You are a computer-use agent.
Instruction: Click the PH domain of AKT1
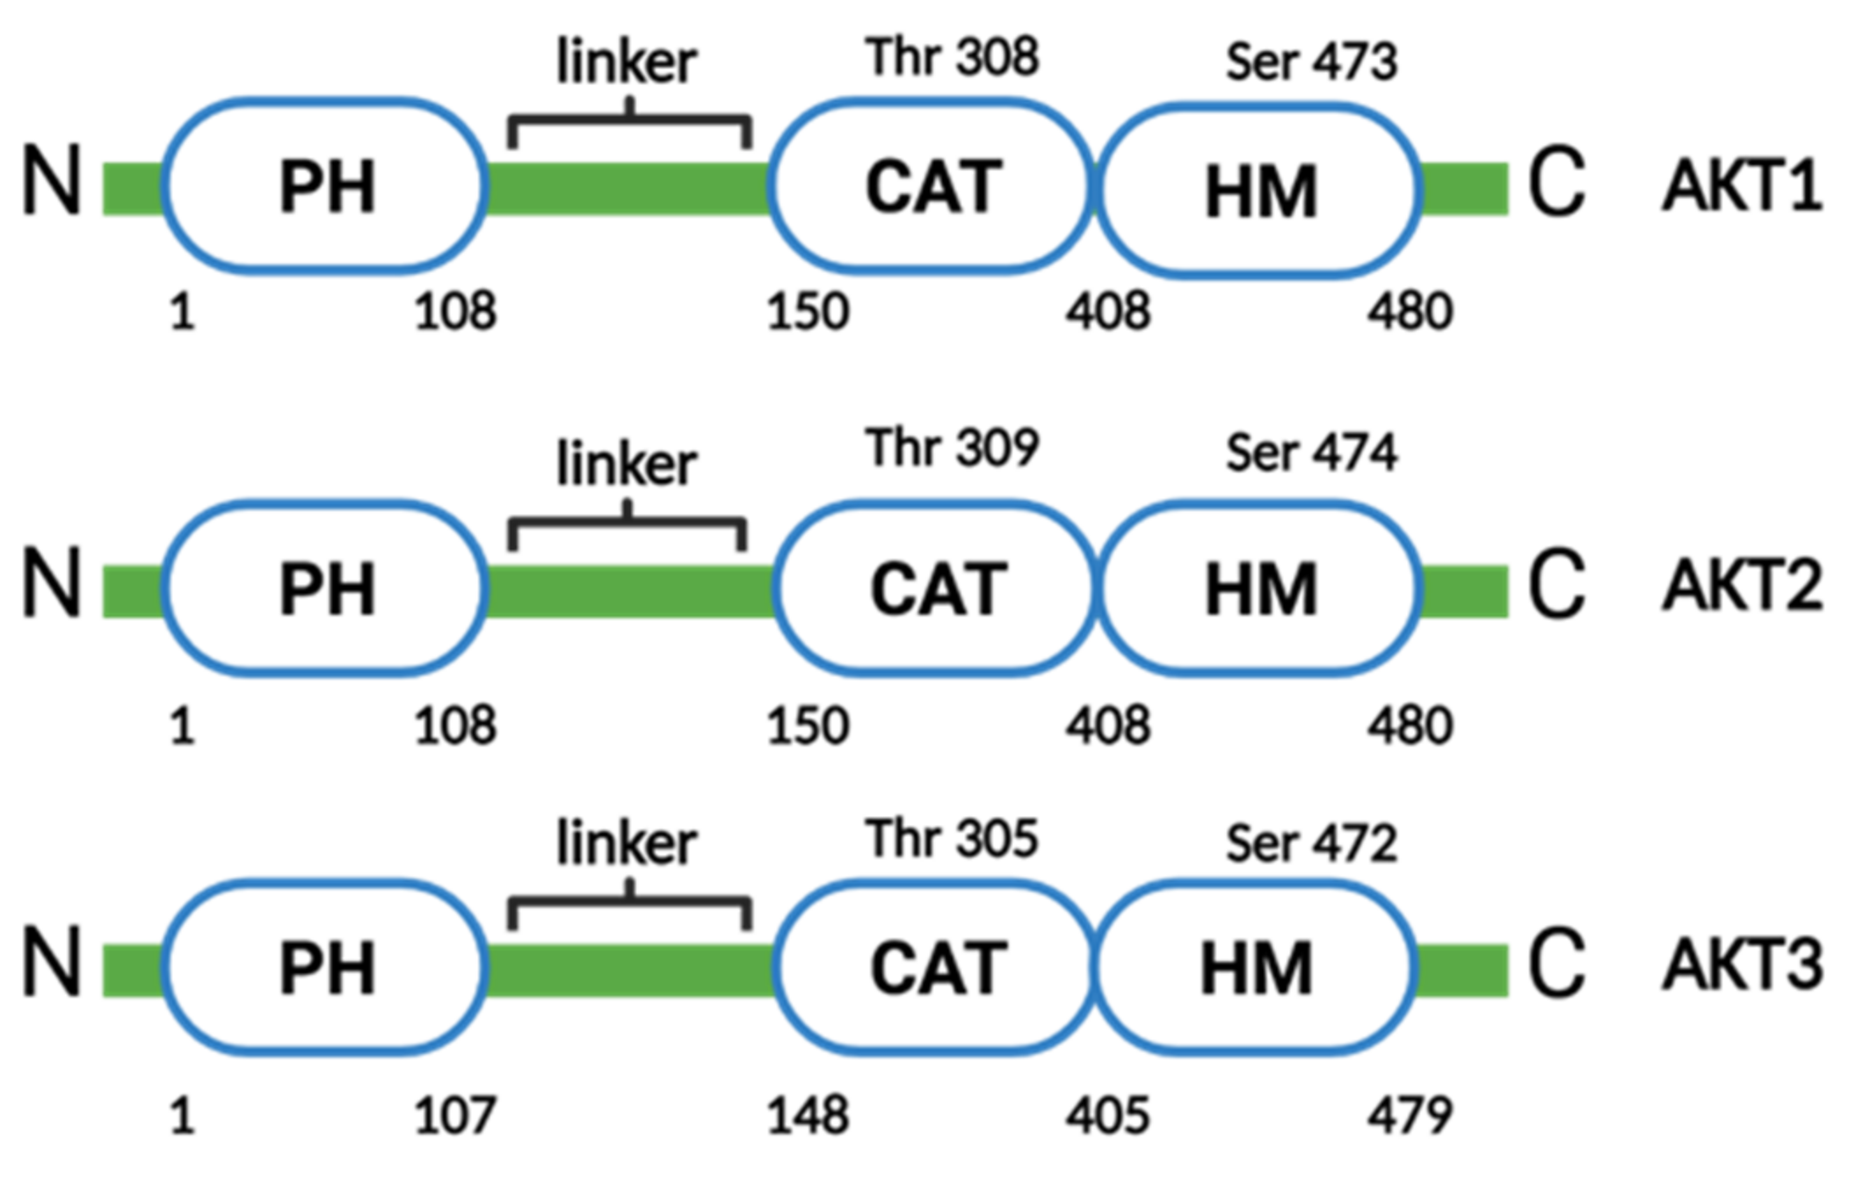pyautogui.click(x=326, y=185)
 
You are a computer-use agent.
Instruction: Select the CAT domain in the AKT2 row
pyautogui.click(x=937, y=588)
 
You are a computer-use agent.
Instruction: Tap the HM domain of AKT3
pyautogui.click(x=1256, y=968)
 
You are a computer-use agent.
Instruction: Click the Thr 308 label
pyautogui.click(x=952, y=57)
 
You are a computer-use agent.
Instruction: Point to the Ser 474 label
pyautogui.click(x=1310, y=453)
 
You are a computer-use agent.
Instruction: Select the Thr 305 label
pyautogui.click(x=952, y=838)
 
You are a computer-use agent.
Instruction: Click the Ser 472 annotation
pyautogui.click(x=1310, y=843)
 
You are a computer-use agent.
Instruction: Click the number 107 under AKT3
pyautogui.click(x=455, y=1116)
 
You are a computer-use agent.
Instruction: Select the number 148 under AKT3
pyautogui.click(x=808, y=1116)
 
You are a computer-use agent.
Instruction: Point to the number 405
pyautogui.click(x=1107, y=1116)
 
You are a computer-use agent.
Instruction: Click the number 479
pyautogui.click(x=1409, y=1116)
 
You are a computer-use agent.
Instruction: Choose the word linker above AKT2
pyautogui.click(x=627, y=464)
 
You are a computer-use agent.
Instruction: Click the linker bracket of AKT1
pyautogui.click(x=629, y=121)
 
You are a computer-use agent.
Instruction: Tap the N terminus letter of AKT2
pyautogui.click(x=51, y=582)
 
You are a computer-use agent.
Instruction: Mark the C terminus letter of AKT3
pyautogui.click(x=1556, y=964)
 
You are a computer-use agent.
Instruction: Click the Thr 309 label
pyautogui.click(x=952, y=448)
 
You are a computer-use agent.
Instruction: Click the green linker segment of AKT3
pyautogui.click(x=629, y=970)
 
